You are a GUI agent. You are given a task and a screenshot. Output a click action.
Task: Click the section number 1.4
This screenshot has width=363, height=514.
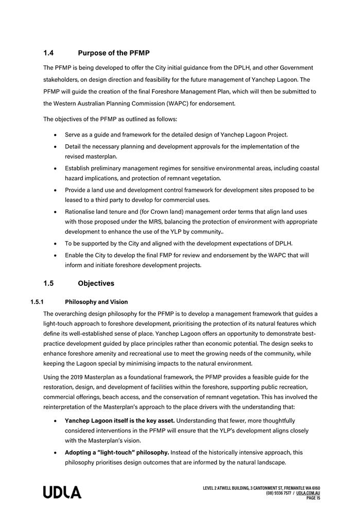(x=49, y=53)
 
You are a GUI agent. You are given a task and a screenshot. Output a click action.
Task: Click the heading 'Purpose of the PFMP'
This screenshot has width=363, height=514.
(x=113, y=53)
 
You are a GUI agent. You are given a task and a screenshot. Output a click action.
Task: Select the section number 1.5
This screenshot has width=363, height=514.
(x=49, y=283)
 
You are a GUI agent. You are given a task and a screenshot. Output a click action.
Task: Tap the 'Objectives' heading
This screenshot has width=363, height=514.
(x=96, y=283)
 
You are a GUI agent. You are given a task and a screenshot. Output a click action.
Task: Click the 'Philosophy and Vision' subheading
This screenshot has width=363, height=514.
(x=96, y=302)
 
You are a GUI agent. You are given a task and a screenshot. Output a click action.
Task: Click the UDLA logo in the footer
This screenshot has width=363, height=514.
(x=62, y=492)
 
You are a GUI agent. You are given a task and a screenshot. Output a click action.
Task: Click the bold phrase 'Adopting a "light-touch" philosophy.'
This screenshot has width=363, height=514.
(x=117, y=452)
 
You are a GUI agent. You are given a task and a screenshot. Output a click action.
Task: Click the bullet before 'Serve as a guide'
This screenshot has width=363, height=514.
(x=55, y=135)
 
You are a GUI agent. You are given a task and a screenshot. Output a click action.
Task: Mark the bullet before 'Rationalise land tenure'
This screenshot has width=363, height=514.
(x=55, y=212)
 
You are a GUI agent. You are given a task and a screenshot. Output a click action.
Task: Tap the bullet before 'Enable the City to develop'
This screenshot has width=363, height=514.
(x=55, y=255)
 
